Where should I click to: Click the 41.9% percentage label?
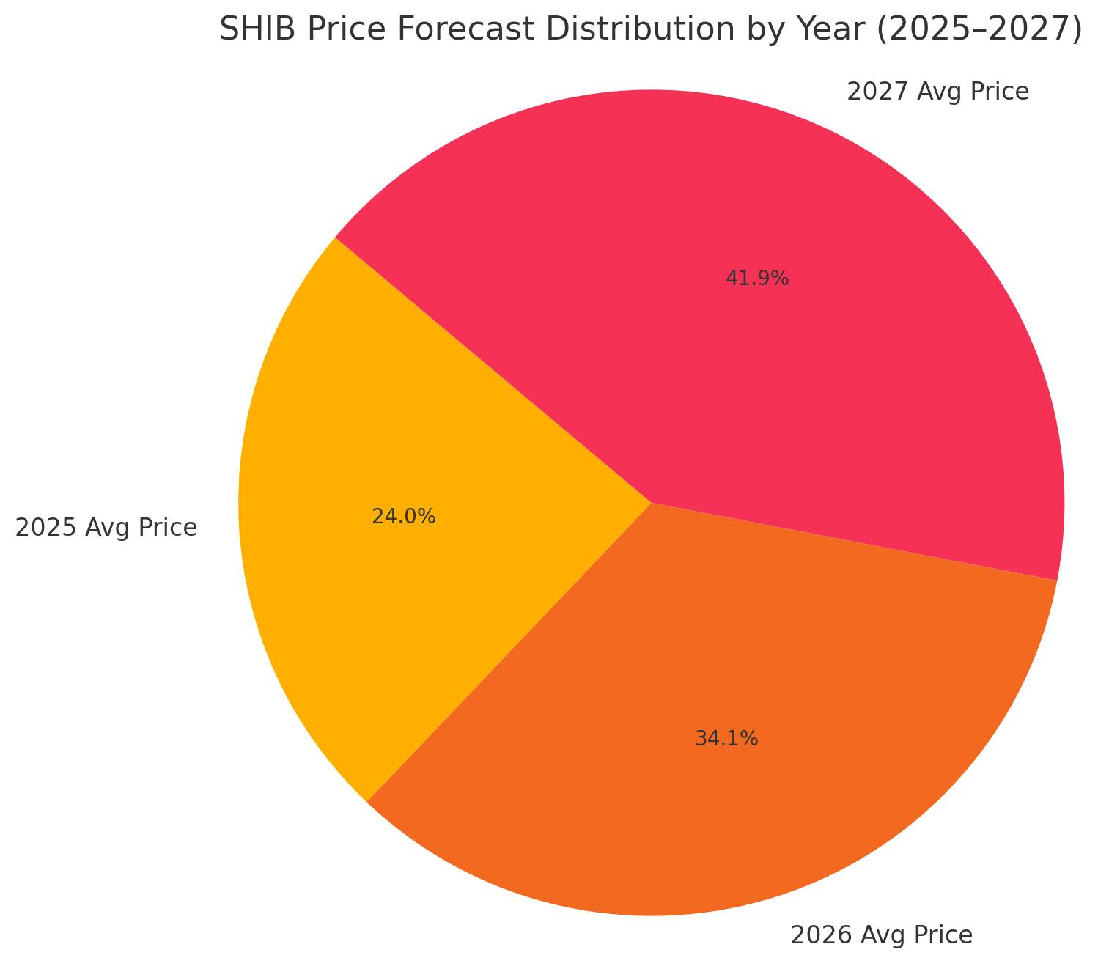[756, 279]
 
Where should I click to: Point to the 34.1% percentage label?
[726, 739]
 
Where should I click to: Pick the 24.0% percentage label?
[403, 517]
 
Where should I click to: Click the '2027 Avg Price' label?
[937, 92]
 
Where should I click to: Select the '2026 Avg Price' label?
[881, 935]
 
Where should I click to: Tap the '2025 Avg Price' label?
[106, 528]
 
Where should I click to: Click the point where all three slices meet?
[651, 504]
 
